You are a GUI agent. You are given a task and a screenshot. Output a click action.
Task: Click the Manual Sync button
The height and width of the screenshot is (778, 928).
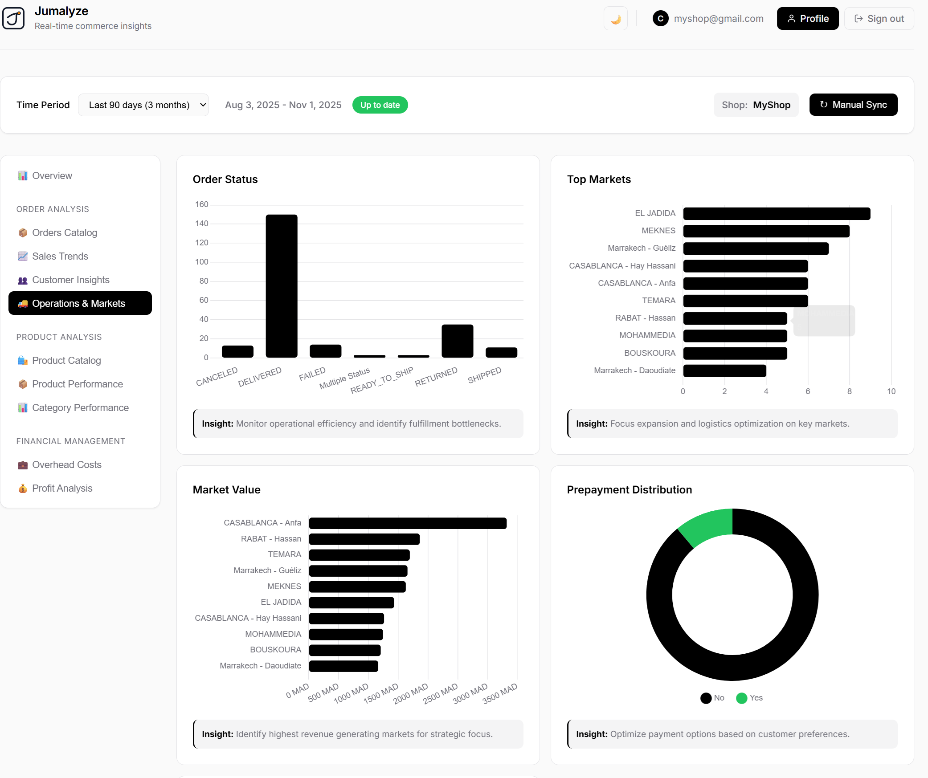click(x=853, y=105)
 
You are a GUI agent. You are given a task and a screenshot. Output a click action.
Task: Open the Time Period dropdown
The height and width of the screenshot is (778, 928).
click(x=143, y=105)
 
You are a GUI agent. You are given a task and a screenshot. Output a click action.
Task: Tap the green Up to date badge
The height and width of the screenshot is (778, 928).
click(x=380, y=105)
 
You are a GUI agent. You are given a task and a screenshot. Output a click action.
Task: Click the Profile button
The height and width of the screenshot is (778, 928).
click(x=807, y=19)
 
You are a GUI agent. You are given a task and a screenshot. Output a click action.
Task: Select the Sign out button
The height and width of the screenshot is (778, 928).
click(x=879, y=19)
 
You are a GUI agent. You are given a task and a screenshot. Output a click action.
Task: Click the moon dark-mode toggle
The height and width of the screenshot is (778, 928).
click(x=615, y=19)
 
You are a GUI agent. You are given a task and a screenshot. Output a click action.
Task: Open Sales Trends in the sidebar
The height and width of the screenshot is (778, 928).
click(x=60, y=256)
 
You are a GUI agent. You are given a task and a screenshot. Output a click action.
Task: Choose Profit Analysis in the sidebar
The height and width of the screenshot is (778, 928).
click(x=62, y=488)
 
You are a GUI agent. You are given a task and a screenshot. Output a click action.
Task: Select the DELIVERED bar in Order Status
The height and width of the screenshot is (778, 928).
click(x=281, y=286)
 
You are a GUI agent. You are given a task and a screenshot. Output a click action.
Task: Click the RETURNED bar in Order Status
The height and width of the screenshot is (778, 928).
click(x=457, y=341)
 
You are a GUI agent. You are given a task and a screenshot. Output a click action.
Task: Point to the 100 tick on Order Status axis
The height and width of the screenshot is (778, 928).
click(x=201, y=262)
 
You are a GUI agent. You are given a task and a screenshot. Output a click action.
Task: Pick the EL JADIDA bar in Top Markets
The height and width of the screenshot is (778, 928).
click(x=776, y=214)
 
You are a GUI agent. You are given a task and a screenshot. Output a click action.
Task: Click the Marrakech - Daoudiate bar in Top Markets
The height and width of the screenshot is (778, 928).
click(x=724, y=371)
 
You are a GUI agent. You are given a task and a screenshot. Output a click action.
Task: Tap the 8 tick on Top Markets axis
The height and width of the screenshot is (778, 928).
click(x=849, y=391)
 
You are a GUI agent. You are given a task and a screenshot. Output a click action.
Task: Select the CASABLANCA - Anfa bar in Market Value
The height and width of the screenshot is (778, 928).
click(x=407, y=523)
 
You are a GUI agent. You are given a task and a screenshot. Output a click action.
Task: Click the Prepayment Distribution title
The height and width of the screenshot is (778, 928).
click(x=629, y=489)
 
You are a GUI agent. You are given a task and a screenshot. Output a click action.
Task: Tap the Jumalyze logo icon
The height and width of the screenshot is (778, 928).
click(x=13, y=18)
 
